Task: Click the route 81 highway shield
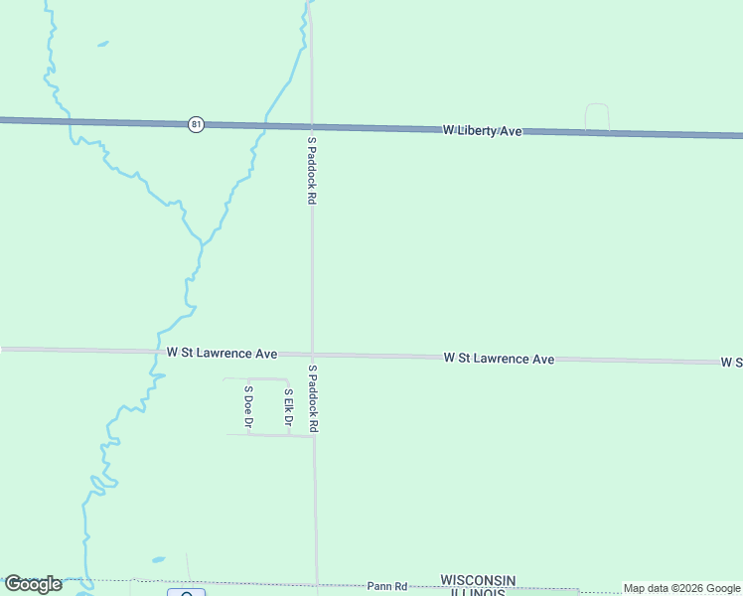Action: [197, 124]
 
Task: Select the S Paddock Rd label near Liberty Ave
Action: [311, 171]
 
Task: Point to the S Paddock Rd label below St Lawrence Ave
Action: [312, 397]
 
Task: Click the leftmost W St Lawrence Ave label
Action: [222, 353]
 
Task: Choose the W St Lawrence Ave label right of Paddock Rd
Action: [499, 358]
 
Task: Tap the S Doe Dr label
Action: [248, 407]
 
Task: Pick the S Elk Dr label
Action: [288, 407]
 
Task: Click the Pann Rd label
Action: [387, 586]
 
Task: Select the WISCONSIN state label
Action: [478, 580]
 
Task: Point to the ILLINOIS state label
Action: [478, 592]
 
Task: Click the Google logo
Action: [33, 584]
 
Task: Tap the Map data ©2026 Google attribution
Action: [681, 588]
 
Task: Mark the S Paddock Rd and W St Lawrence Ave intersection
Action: [313, 355]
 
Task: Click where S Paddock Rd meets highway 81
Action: [312, 126]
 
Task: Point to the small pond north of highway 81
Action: [101, 44]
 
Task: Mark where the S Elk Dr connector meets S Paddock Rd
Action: [314, 436]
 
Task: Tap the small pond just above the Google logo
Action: [157, 559]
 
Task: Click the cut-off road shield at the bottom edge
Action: [187, 592]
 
